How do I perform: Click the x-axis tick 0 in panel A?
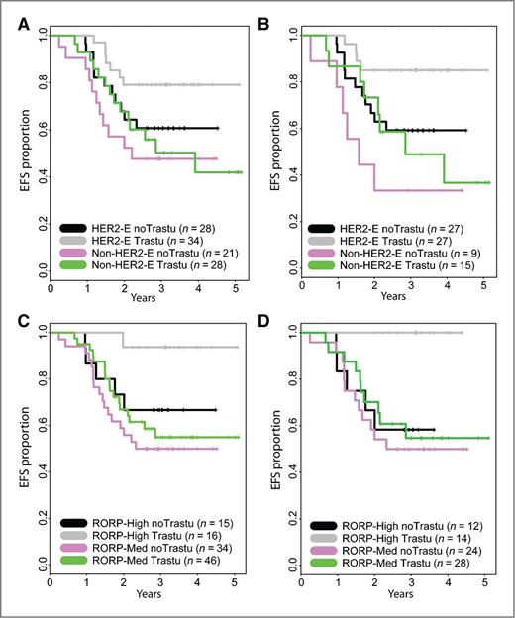(x=51, y=288)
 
